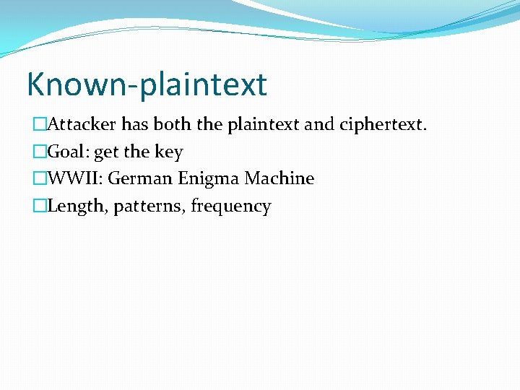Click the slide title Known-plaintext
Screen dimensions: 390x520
pos(147,84)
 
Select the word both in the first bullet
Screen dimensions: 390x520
pos(173,124)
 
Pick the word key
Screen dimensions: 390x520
pos(169,152)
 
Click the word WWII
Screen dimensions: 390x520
pos(75,178)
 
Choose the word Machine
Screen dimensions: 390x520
pos(279,178)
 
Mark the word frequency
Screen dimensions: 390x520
pos(231,207)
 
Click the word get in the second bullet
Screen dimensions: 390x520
pos(107,152)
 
